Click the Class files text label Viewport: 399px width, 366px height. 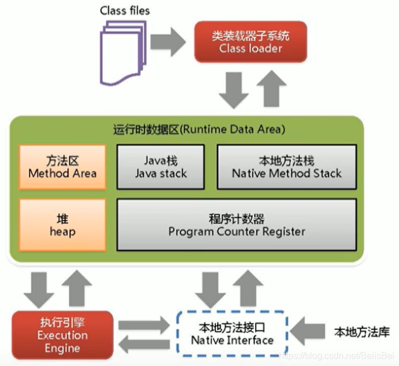tap(125, 10)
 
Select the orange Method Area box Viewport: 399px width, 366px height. tap(62, 167)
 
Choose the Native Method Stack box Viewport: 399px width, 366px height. tap(287, 167)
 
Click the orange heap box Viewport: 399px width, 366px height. tap(62, 224)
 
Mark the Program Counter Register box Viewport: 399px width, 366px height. tap(236, 224)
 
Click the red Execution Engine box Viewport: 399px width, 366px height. tap(62, 334)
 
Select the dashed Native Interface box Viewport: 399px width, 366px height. tap(232, 333)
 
